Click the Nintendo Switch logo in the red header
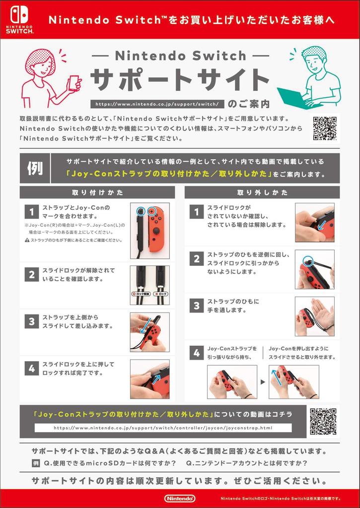(19, 19)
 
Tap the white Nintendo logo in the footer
(180, 498)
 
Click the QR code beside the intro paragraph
(325, 128)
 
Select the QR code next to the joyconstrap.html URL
(323, 421)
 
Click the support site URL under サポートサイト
(157, 104)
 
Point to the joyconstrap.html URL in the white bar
(163, 428)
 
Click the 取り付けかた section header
(97, 192)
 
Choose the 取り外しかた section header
(262, 192)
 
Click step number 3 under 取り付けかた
(32, 321)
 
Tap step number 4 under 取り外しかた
(197, 353)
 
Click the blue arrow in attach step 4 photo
(156, 379)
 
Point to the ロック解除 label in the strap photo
(141, 294)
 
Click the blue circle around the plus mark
(152, 211)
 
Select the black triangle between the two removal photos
(263, 382)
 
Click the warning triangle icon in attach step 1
(27, 241)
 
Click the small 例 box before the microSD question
(36, 463)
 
